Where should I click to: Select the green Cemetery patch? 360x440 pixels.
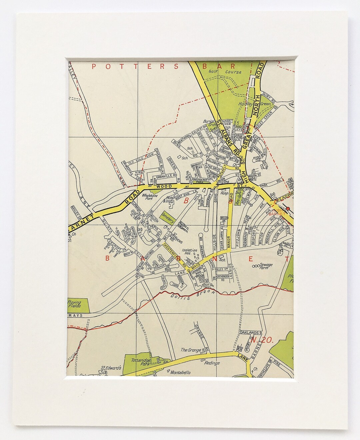click(168, 217)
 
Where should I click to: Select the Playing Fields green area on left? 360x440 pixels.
click(78, 304)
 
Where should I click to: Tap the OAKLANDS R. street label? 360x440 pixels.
click(251, 332)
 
